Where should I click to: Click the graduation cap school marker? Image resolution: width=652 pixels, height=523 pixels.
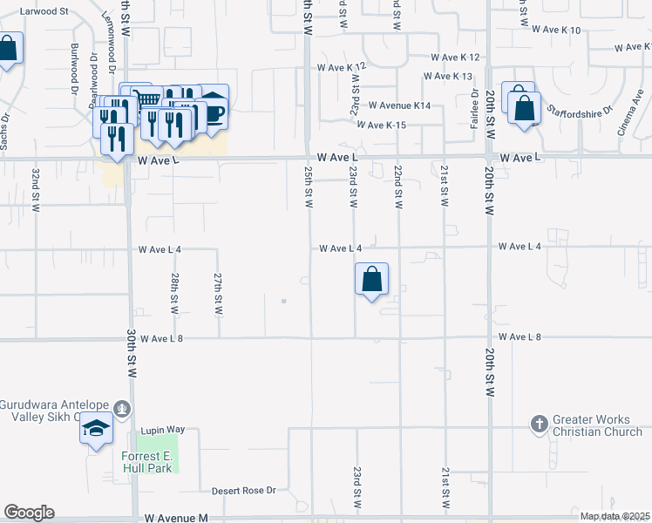(96, 430)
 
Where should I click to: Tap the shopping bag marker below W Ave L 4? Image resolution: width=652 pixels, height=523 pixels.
(371, 281)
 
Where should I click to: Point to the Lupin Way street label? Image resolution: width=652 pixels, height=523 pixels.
(164, 430)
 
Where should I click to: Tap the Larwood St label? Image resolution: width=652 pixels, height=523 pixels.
(46, 11)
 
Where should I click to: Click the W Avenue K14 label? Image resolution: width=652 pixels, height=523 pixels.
(400, 105)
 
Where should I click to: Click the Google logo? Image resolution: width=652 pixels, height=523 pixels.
(28, 513)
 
